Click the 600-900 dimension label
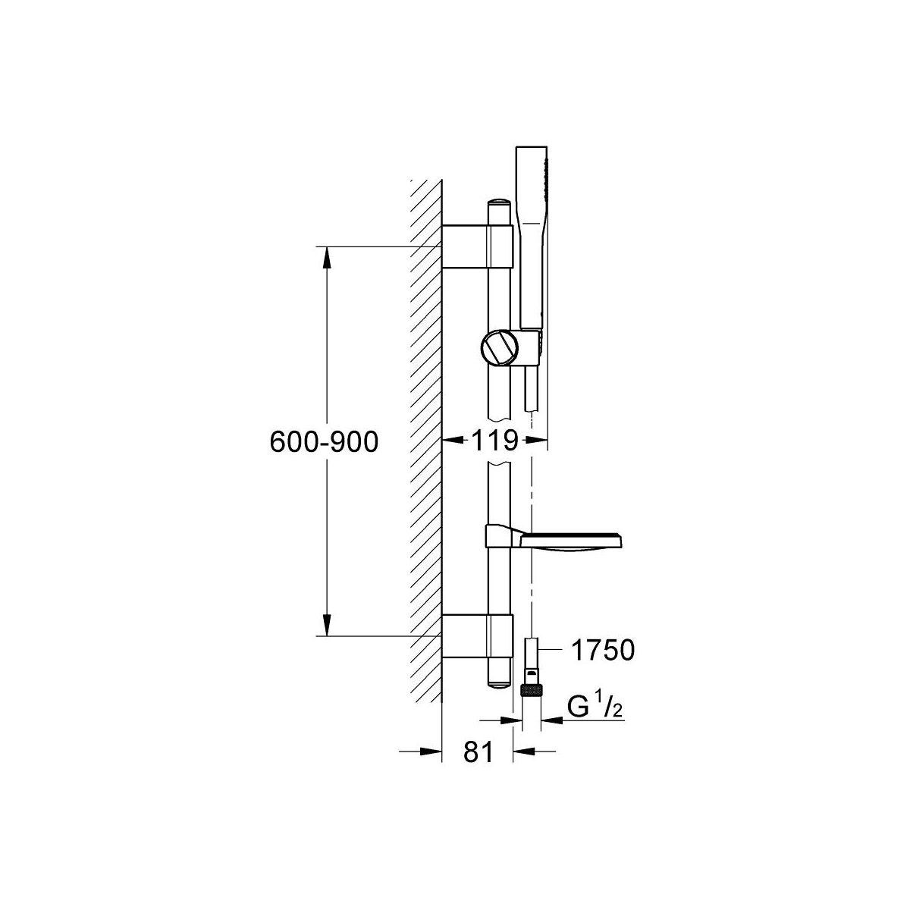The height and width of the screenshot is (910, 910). [x=324, y=442]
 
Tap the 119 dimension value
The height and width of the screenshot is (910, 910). [x=494, y=441]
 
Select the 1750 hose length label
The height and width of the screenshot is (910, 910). [x=603, y=650]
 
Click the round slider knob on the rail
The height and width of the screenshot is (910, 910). [x=499, y=350]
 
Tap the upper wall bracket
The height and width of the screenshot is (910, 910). [x=477, y=247]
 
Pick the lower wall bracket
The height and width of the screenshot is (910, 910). [x=477, y=636]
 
